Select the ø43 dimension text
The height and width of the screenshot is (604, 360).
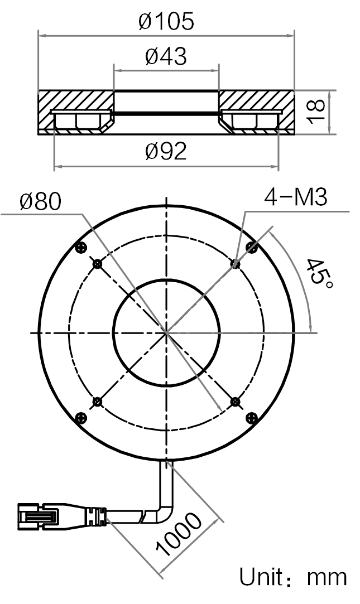coord(166,56)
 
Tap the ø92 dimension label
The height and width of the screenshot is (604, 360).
coord(166,151)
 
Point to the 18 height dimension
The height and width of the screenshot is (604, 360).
coord(317,112)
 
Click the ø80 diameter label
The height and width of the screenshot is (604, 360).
coord(41,201)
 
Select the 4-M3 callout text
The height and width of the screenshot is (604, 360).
coord(296,198)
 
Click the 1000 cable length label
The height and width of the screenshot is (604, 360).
coord(179,535)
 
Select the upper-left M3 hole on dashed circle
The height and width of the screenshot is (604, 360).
coord(97,264)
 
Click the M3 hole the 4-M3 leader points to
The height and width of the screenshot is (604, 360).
coord(236,263)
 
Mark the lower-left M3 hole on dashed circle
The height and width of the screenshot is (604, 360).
coord(97,402)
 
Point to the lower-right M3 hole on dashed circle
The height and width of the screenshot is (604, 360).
coord(236,402)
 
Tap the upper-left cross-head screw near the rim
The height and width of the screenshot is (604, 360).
coord(81,247)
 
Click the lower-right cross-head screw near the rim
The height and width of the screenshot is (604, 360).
coord(251,418)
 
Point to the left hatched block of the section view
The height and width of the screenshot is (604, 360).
coord(76,112)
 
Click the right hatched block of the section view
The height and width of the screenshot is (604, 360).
coord(256,112)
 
